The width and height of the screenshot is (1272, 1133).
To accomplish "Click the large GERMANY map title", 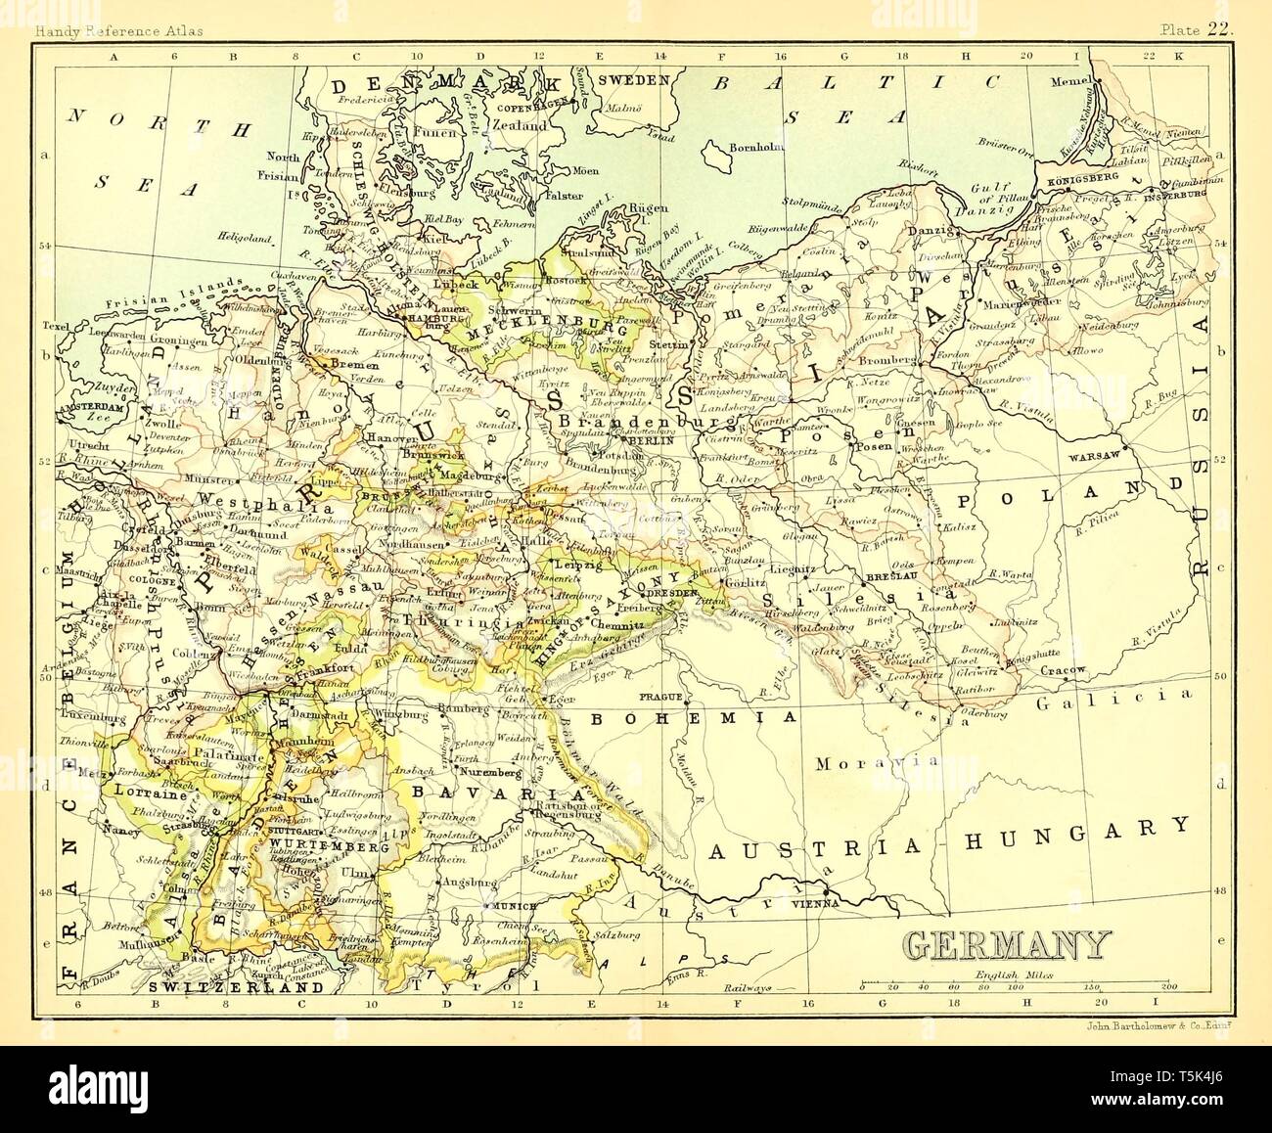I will pos(1005,944).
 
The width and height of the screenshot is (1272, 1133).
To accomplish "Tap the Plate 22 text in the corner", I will pos(1197,30).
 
